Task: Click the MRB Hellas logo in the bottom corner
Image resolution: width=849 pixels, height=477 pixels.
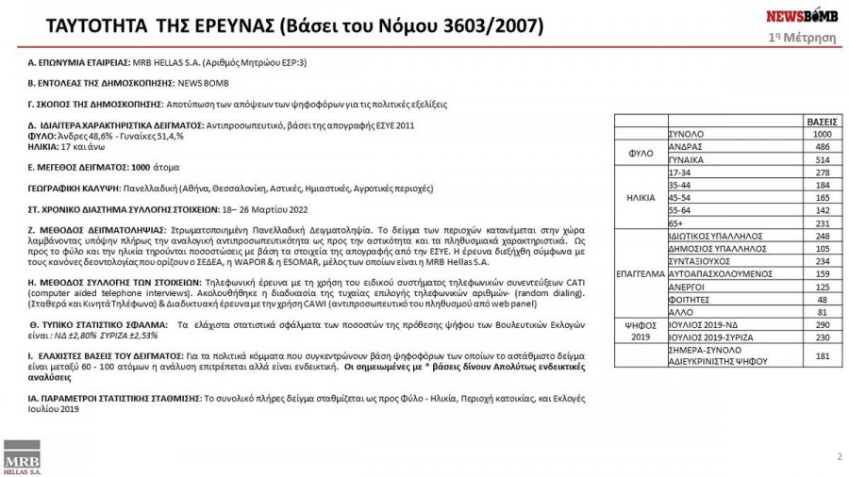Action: pos(20,458)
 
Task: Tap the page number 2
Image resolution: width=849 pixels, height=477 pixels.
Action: pos(839,457)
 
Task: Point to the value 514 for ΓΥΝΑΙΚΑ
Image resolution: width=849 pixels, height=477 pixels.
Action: pos(821,160)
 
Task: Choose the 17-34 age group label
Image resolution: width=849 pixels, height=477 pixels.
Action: pos(680,173)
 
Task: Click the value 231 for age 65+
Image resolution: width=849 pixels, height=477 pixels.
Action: pos(821,223)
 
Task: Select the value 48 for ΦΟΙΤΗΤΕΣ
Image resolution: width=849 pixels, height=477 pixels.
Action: pos(823,299)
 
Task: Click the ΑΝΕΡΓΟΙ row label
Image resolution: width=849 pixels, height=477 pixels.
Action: pos(685,287)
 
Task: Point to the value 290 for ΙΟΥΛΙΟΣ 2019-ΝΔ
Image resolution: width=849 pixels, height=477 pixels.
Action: pos(821,324)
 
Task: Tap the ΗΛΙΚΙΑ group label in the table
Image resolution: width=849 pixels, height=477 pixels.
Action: pos(641,199)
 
